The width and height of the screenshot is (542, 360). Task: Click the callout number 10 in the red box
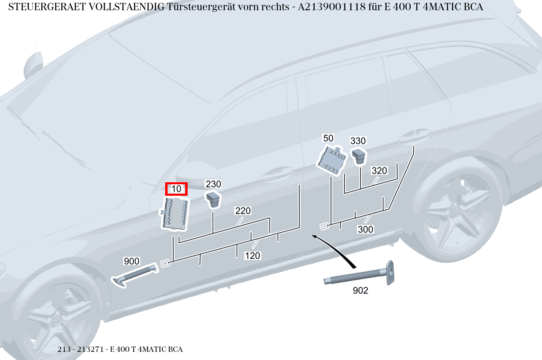pos(176,189)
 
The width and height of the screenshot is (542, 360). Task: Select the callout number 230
pos(213,184)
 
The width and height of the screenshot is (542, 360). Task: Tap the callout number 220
pos(243,211)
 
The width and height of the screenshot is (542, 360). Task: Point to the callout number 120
pos(253,256)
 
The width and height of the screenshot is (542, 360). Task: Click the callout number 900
pos(132,261)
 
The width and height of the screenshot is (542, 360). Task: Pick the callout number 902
pos(360,291)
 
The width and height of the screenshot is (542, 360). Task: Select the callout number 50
pos(328,138)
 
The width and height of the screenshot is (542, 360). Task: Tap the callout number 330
pos(358,141)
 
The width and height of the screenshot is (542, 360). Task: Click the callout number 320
pos(379,171)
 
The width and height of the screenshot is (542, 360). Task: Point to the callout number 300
pos(365,229)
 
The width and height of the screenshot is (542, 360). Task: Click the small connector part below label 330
pos(359,156)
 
